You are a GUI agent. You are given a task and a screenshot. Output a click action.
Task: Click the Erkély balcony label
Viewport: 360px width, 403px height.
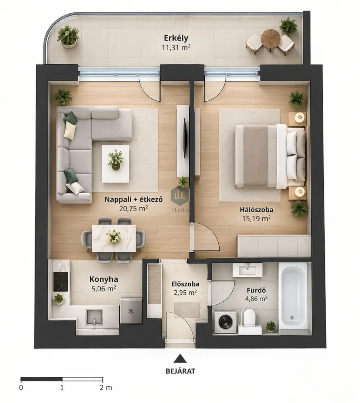(x=176, y=38)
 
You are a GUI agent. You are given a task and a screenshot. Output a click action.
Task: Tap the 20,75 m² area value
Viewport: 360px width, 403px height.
(x=134, y=208)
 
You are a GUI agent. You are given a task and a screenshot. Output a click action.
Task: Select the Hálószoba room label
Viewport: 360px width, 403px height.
(x=256, y=209)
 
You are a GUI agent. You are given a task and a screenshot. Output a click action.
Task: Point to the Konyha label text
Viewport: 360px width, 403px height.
(x=104, y=279)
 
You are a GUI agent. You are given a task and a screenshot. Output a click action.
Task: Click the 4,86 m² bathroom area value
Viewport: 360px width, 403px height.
(x=256, y=299)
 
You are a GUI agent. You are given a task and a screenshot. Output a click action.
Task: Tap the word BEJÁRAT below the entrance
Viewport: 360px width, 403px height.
(x=180, y=371)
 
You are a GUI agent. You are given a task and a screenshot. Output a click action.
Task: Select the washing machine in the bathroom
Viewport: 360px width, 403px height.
(x=225, y=322)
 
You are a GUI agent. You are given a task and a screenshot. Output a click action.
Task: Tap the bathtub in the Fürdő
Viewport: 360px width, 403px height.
(x=293, y=298)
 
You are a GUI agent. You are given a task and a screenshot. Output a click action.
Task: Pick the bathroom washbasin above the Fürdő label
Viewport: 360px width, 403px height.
(x=247, y=270)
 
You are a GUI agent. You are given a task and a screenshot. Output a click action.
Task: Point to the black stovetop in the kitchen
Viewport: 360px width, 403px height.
(x=61, y=282)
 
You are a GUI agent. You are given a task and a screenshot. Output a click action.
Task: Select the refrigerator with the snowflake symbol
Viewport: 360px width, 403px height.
(x=131, y=311)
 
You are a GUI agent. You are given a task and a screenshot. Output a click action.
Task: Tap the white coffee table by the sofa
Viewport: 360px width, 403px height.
(x=116, y=164)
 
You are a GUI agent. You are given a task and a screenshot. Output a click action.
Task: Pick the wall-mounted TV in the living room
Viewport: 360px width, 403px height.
(x=184, y=138)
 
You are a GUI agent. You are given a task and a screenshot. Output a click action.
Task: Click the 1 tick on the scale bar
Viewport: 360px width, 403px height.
(x=62, y=379)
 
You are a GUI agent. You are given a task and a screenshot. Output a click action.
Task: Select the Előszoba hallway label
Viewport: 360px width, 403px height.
(x=185, y=284)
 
